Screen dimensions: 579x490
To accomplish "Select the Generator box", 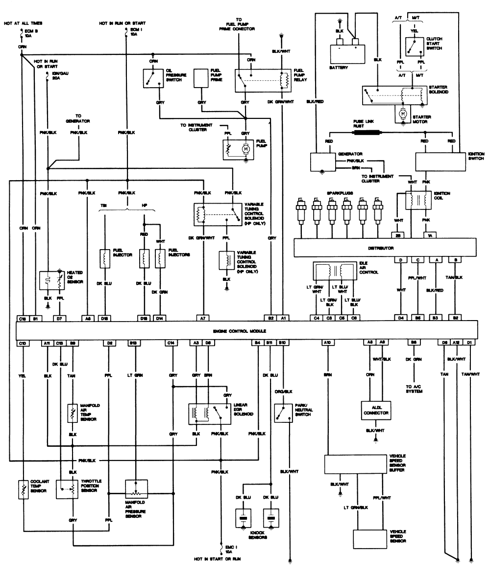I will (x=323, y=162).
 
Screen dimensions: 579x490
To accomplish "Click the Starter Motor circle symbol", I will (x=403, y=114).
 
